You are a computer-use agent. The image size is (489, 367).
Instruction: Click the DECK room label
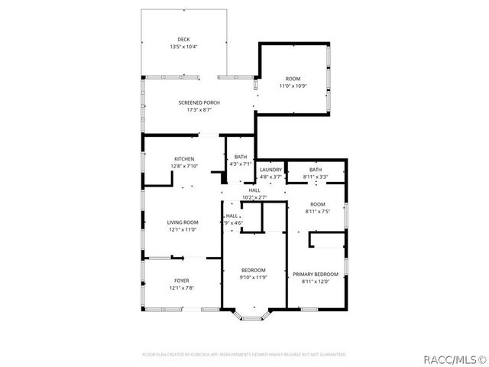(x=183, y=40)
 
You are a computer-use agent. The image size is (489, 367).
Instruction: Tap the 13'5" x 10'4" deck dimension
(x=183, y=47)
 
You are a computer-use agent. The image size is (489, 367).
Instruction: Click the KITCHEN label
(x=183, y=159)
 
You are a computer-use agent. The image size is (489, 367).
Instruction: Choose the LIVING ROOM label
(x=183, y=222)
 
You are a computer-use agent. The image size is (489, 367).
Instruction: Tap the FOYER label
(x=182, y=281)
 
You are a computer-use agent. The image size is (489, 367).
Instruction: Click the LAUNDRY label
(x=270, y=170)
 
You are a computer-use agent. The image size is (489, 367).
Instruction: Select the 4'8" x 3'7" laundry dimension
(x=270, y=177)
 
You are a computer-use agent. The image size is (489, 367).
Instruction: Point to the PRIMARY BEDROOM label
(x=315, y=274)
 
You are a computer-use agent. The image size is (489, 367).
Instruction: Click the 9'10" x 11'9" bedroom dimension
(x=254, y=278)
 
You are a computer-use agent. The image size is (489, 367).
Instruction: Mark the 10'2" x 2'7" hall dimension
(x=254, y=197)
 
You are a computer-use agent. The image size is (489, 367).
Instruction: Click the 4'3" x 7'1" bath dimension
(x=241, y=164)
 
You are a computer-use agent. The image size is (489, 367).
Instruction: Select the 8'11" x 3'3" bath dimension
(x=316, y=177)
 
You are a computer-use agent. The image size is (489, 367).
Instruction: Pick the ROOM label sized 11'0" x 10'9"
(x=293, y=79)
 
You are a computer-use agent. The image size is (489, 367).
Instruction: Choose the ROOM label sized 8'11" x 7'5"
(x=317, y=204)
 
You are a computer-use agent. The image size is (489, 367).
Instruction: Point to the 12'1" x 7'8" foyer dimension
(x=182, y=288)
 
